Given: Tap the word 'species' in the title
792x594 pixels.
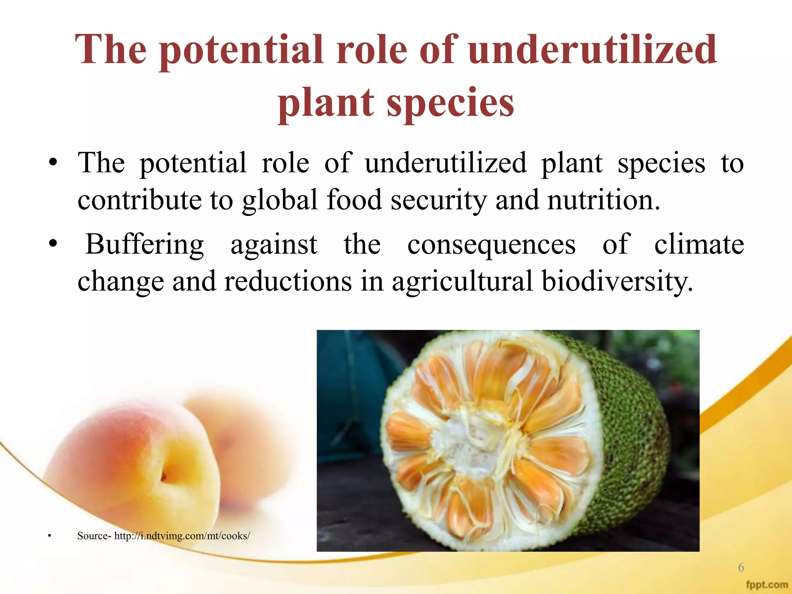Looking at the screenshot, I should (x=450, y=102).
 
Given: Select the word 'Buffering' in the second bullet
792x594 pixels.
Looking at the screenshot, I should (x=144, y=245).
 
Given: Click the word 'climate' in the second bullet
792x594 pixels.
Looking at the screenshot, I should (x=699, y=245).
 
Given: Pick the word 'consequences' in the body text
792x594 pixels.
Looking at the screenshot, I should (x=491, y=245).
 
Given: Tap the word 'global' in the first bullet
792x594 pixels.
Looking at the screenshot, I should (x=280, y=200).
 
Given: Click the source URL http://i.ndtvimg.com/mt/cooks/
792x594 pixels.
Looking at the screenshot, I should (x=182, y=536).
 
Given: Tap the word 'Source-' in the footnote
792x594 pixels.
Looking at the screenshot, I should (x=94, y=536).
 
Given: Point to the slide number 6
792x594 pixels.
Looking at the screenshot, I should (x=741, y=567).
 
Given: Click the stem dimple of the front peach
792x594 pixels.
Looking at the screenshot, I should (x=164, y=476).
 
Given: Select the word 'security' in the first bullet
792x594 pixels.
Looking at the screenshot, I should (x=439, y=200).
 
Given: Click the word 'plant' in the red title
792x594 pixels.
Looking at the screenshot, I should (x=326, y=102).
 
